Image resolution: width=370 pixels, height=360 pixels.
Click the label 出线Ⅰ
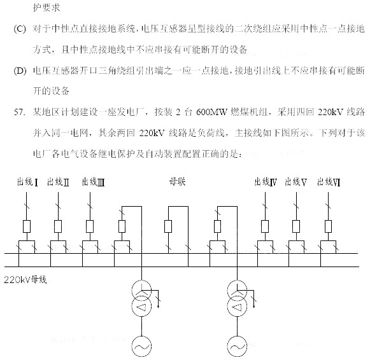pos(27,182)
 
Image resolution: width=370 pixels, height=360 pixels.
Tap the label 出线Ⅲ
pos(93,182)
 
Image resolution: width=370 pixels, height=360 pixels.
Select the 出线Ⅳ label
pos(266,182)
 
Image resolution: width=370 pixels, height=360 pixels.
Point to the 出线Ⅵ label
pos(329,182)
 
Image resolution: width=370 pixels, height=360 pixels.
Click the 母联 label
pos(178,182)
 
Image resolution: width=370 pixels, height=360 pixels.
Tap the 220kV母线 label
pos(25,280)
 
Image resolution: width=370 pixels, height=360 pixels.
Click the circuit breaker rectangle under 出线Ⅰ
pos(27,226)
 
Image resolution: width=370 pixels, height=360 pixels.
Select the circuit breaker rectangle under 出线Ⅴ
pos(296,226)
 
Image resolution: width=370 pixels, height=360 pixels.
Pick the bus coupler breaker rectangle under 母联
pos(168,226)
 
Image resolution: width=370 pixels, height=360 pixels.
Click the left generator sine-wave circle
pos(141,346)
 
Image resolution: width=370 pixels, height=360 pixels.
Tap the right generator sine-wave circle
pos(237,346)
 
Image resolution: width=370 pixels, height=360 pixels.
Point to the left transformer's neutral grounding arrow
pos(159,299)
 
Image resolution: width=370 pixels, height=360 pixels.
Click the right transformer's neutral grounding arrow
pos(254,299)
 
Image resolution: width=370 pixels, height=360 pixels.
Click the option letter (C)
pos(19,29)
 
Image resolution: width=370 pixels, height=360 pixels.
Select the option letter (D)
pos(20,71)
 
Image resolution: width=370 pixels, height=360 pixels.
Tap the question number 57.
pos(20,112)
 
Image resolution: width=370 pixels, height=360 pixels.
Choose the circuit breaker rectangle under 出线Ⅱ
pos(58,226)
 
